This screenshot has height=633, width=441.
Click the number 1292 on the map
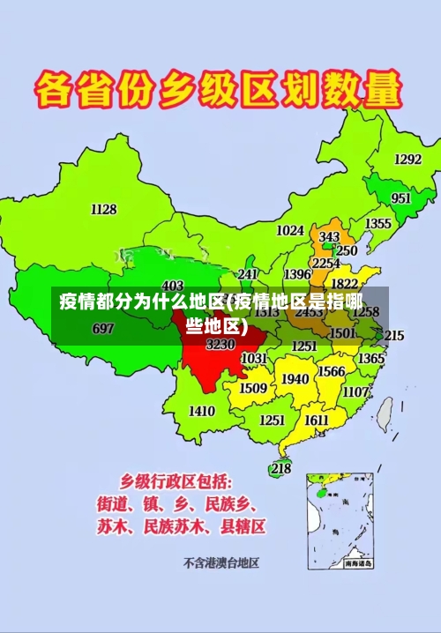tap(407, 159)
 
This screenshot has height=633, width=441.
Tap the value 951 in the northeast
tap(401, 198)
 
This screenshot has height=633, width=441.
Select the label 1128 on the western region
tap(103, 209)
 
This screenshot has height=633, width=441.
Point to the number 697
tap(103, 329)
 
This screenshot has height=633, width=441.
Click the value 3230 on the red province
tap(220, 344)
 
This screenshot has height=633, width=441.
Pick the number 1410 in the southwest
tap(202, 411)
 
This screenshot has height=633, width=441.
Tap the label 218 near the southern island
tap(280, 468)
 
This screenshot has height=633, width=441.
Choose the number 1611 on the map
tap(318, 421)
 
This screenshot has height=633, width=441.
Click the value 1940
tap(295, 379)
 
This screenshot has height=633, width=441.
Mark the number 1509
tap(253, 387)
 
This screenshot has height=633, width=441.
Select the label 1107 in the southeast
tap(355, 391)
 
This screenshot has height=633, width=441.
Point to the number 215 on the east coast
tap(394, 336)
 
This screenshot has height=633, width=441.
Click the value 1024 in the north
tap(290, 230)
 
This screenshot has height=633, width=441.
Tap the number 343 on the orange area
tap(329, 237)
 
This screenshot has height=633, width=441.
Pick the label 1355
tap(379, 223)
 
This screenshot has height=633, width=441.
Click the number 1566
tap(332, 371)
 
